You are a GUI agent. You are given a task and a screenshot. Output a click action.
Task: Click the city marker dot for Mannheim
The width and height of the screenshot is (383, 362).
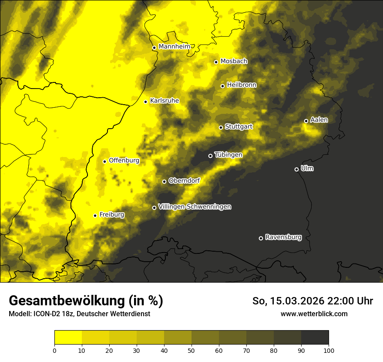click(x=154, y=48)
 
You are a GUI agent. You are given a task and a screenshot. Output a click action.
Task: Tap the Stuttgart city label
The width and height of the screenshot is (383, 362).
click(x=239, y=127)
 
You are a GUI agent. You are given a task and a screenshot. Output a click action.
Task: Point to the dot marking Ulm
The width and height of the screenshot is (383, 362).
click(x=296, y=169)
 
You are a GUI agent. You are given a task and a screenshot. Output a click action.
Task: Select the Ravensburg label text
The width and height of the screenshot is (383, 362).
click(x=283, y=238)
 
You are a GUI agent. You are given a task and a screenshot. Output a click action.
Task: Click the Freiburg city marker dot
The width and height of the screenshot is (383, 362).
click(x=95, y=215)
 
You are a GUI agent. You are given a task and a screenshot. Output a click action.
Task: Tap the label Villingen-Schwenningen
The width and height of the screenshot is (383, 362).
click(x=195, y=207)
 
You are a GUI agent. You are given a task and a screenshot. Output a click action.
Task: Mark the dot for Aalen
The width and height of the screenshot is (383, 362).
click(x=306, y=121)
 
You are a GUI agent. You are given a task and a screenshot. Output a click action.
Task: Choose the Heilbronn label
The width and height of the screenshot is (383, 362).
click(x=242, y=85)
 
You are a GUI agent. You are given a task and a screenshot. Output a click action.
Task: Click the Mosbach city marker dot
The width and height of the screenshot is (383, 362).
click(x=216, y=62)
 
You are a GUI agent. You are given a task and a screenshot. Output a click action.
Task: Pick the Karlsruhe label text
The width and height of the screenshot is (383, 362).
click(x=165, y=101)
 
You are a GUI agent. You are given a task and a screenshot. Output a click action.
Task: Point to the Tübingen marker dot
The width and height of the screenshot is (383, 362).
click(x=210, y=156)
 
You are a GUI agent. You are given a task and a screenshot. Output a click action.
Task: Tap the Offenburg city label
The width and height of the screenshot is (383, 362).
click(x=124, y=161)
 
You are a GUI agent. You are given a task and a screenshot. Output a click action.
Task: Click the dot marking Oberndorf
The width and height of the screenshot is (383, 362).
click(x=164, y=181)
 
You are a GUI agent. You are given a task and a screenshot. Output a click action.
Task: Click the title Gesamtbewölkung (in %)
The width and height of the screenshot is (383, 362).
click(x=86, y=301)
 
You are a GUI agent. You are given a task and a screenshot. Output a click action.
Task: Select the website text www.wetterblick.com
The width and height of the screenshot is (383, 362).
click(x=314, y=314)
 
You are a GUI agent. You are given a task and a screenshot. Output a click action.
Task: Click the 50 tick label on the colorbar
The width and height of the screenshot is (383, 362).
click(x=191, y=350)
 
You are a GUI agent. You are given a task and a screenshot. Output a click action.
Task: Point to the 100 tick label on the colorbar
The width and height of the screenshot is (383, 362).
click(x=329, y=350)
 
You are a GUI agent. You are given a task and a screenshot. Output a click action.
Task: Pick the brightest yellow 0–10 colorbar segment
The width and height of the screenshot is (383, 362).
click(x=68, y=337)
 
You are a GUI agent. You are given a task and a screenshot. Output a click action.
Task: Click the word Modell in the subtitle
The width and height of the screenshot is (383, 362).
click(x=19, y=314)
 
